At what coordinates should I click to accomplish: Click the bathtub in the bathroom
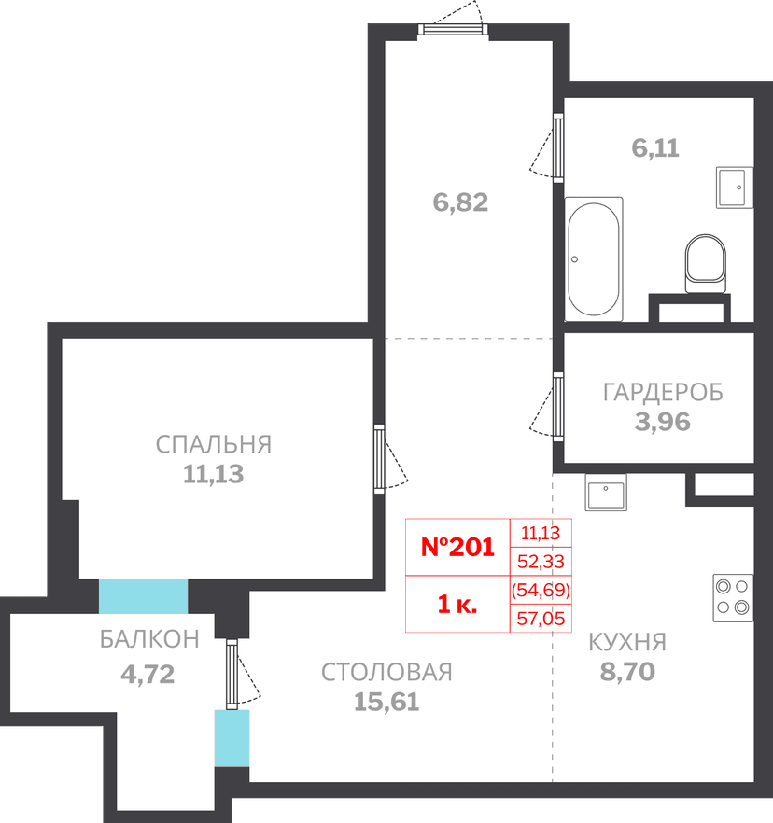594,258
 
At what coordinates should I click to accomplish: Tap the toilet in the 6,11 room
705,263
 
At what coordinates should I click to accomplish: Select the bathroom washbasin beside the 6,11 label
735,188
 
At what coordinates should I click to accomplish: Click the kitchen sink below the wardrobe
606,492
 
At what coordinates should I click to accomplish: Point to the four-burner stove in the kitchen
733,598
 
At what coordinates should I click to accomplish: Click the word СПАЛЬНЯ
214,444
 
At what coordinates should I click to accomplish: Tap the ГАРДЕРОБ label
663,392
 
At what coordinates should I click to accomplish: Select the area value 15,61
386,702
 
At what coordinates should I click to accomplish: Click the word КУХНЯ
627,642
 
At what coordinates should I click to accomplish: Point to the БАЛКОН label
149,639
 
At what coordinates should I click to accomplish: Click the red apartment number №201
457,547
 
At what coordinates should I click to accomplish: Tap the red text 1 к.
457,604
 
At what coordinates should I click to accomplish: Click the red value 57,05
541,619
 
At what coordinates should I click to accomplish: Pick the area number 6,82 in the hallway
460,202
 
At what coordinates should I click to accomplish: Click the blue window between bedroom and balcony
144,596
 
